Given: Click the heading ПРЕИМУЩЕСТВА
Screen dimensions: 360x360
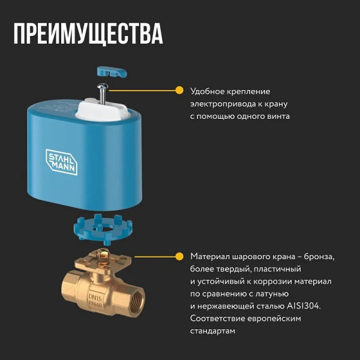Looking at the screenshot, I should tap(88, 34).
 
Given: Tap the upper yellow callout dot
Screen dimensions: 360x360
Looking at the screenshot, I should tap(179, 91).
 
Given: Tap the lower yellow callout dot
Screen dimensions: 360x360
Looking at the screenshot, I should tap(179, 256).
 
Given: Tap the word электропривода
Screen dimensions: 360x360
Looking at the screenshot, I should tap(220, 104).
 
